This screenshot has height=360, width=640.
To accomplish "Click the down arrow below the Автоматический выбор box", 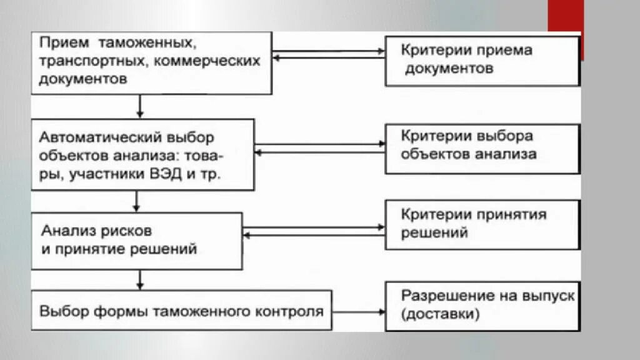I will tap(137, 201).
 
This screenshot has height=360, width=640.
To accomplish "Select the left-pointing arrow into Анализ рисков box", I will tap(312, 235).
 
